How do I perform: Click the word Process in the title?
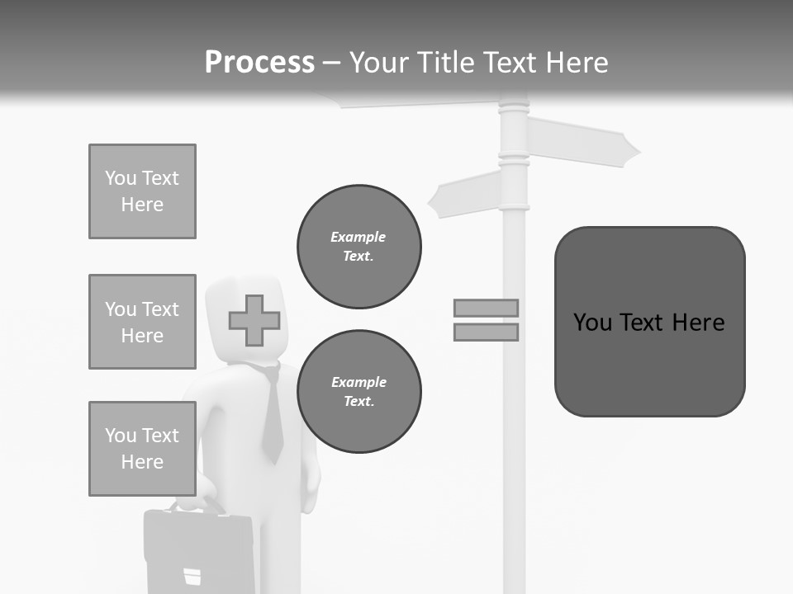pos(259,63)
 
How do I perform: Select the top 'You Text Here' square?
pos(142,191)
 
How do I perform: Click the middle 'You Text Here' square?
pos(142,322)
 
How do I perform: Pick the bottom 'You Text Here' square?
pos(142,448)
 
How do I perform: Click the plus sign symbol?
pos(254,320)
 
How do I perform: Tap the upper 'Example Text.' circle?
pos(359,247)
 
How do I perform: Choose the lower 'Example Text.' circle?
pos(359,391)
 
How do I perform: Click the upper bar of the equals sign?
pos(486,308)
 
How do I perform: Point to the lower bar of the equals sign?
pos(486,332)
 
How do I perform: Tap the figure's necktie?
pos(272,417)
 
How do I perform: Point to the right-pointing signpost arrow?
pos(582,142)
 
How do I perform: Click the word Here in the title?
pos(578,63)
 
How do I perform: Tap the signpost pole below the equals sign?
pos(514,462)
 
